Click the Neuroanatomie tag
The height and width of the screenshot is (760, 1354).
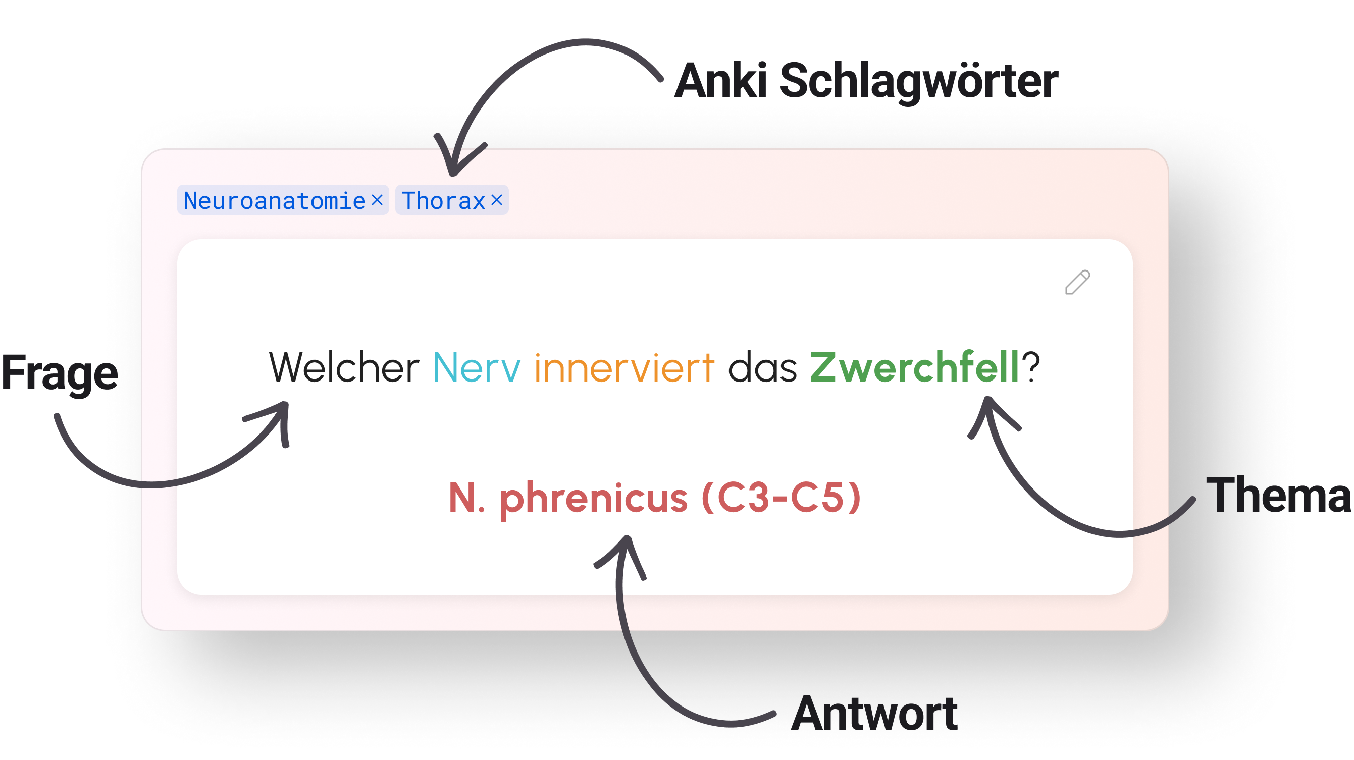274,200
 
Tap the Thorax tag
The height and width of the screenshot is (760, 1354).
443,200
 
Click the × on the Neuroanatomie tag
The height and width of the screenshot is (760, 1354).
377,200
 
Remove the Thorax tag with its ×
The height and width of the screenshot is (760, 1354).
497,200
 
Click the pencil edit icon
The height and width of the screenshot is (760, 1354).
1077,283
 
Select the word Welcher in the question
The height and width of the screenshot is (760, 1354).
344,367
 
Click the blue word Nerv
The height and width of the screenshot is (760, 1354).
476,367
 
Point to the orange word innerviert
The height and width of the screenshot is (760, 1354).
624,367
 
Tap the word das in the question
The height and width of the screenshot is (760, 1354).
762,367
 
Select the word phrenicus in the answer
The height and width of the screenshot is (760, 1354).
593,498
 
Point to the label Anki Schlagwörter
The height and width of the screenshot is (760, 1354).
866,81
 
